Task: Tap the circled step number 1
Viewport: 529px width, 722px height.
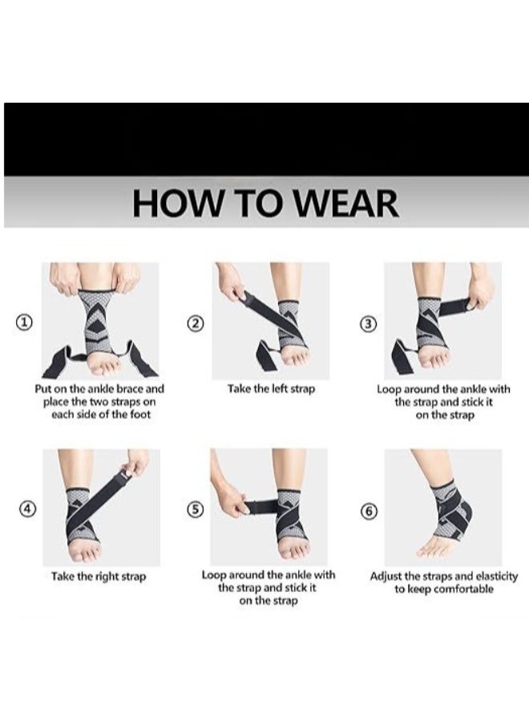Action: click(26, 322)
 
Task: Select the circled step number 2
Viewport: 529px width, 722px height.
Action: click(196, 323)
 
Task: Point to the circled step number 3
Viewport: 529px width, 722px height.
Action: click(368, 323)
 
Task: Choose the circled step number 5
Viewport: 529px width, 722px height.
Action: click(196, 511)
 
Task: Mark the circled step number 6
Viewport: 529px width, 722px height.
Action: click(369, 511)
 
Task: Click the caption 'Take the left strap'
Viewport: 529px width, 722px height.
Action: click(272, 389)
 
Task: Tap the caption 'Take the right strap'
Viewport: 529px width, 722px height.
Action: click(99, 576)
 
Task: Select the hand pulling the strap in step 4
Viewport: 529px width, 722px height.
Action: click(137, 461)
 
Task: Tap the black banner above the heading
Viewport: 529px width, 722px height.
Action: click(264, 139)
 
